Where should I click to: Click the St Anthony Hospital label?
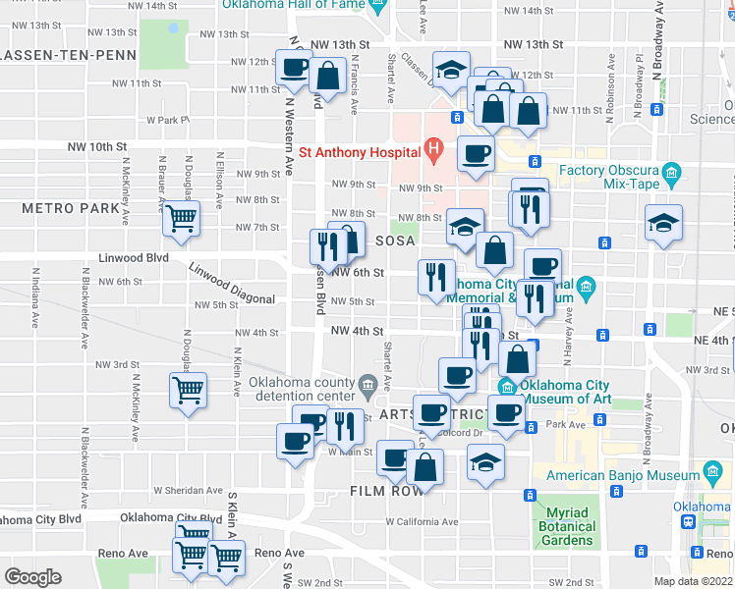[360, 152]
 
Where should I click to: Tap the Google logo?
[32, 577]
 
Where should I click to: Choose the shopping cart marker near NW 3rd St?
[187, 390]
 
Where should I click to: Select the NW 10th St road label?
[97, 146]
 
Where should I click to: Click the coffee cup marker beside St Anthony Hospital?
[477, 153]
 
